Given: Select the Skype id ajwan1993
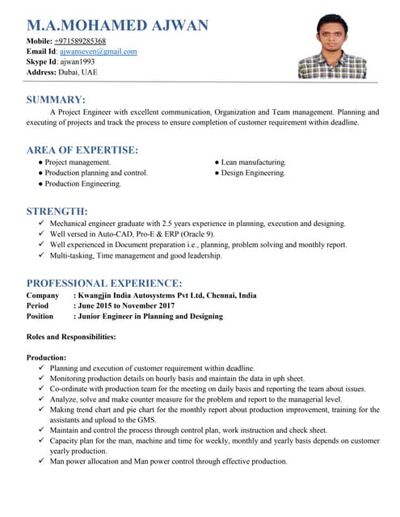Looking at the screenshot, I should [77, 61].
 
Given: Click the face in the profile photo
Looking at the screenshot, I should [332, 36].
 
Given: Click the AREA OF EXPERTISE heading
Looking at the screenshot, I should [82, 149].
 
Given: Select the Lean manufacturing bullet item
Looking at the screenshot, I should [254, 162].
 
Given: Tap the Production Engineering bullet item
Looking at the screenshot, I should [83, 183].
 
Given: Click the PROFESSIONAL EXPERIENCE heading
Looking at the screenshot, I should [103, 283].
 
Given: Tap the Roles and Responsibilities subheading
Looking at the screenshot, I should [71, 336].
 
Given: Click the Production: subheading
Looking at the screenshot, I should [46, 357].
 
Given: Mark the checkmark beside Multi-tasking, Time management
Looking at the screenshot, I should [41, 255].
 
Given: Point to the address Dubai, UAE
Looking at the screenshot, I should [78, 72].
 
